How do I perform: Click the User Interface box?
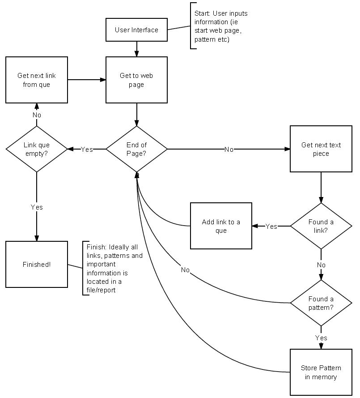(x=136, y=30)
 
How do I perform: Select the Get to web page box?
(x=136, y=80)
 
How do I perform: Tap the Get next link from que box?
(x=37, y=80)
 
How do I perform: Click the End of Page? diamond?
(x=136, y=149)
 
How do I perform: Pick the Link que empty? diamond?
(x=37, y=149)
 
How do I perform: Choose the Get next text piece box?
(x=321, y=149)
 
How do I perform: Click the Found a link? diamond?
(x=321, y=226)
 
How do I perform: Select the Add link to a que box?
(x=221, y=226)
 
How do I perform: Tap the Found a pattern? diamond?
(x=321, y=303)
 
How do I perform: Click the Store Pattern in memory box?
(x=321, y=372)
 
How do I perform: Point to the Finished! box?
(x=37, y=265)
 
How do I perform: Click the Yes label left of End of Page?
(x=87, y=150)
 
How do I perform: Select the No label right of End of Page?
(x=229, y=150)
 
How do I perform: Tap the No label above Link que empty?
(x=37, y=115)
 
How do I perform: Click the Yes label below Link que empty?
(x=37, y=207)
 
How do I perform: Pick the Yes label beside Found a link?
(x=271, y=227)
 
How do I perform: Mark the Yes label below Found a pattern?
(x=321, y=338)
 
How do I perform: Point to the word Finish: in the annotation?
(x=97, y=248)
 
